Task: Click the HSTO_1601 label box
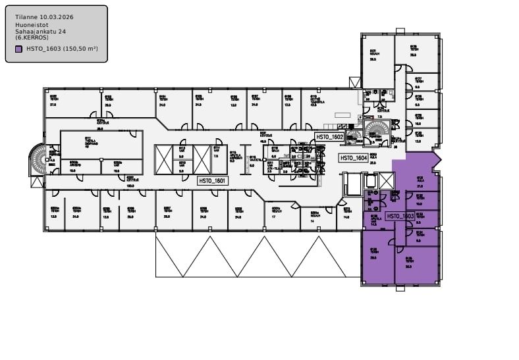(212, 180)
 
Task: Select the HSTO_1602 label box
(329, 137)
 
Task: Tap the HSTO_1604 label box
(353, 158)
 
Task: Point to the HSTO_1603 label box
(400, 216)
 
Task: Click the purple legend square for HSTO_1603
(18, 49)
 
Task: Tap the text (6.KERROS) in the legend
(30, 38)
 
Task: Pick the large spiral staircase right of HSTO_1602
(378, 127)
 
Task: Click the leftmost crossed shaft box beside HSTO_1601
(163, 159)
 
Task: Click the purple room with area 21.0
(420, 182)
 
